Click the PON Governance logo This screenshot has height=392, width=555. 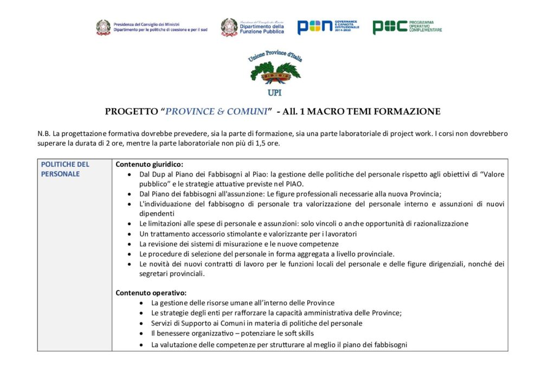pyautogui.click(x=328, y=27)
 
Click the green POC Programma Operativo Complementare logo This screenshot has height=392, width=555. pyautogui.click(x=406, y=27)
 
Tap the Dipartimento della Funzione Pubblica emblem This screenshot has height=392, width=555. pyautogui.click(x=229, y=28)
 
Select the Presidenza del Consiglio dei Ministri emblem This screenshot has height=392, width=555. pyautogui.click(x=103, y=28)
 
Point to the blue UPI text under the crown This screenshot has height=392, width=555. pyautogui.click(x=275, y=92)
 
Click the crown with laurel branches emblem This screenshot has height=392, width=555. pyautogui.click(x=274, y=73)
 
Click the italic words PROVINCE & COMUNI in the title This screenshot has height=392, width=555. pyautogui.click(x=216, y=112)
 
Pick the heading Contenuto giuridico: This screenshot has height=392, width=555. pyautogui.click(x=150, y=164)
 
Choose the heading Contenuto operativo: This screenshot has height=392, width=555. pyautogui.click(x=151, y=293)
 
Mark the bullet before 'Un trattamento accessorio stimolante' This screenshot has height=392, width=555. pyautogui.click(x=129, y=234)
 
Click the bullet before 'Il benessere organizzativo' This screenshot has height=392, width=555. pyautogui.click(x=141, y=334)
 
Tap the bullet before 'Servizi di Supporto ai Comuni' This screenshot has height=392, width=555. pyautogui.click(x=141, y=323)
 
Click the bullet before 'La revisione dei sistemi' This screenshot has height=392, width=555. pyautogui.click(x=129, y=244)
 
